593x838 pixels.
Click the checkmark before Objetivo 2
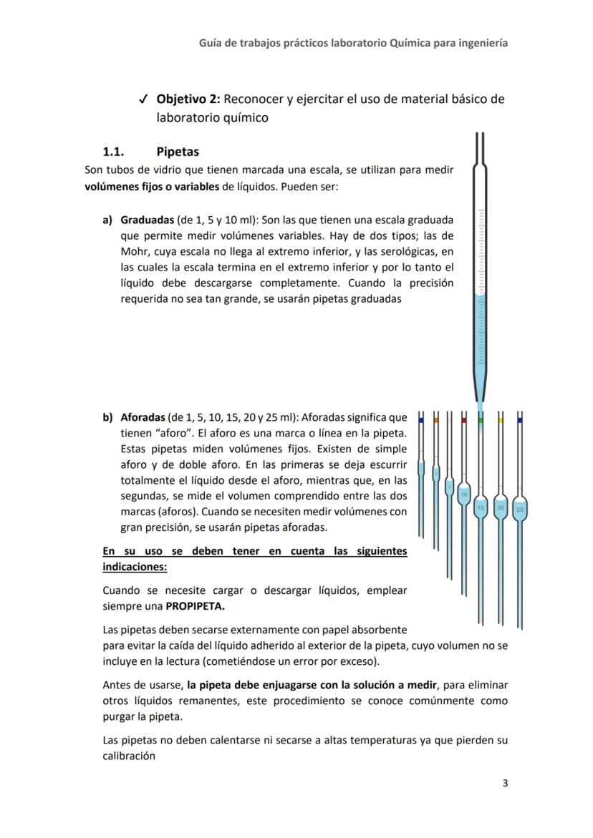[144, 99]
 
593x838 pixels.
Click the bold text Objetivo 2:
[188, 99]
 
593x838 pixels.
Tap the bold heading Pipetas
[178, 152]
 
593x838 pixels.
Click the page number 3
[505, 783]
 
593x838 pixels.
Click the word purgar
[120, 717]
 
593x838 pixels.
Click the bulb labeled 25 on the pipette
[520, 509]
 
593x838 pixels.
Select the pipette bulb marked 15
[481, 507]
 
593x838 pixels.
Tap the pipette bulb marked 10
[464, 494]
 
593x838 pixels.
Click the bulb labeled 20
[501, 507]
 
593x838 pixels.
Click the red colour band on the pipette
[464, 421]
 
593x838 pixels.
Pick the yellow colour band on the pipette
[501, 421]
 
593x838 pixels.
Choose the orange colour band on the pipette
[435, 421]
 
